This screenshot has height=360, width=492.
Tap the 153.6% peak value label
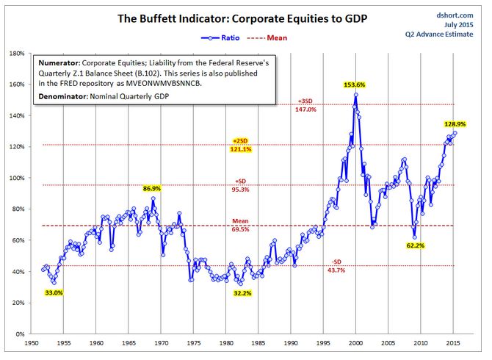click(x=355, y=85)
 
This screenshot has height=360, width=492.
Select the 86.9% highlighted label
click(x=152, y=189)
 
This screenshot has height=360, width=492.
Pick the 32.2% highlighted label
click(x=243, y=292)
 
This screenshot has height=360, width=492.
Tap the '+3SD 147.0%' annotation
click(x=306, y=105)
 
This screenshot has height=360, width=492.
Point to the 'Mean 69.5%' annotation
click(x=240, y=225)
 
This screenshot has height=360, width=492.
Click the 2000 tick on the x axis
click(x=356, y=343)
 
